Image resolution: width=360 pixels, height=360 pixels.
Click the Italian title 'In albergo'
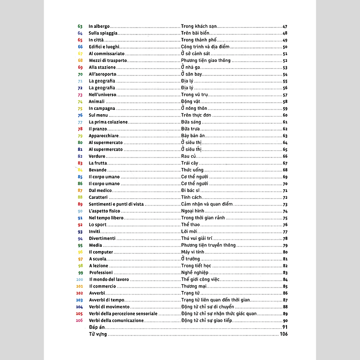coord(99,26)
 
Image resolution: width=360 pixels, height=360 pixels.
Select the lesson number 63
coord(80,26)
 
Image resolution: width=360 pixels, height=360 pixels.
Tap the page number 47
coord(285,26)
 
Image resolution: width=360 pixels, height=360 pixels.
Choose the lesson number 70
coord(80,74)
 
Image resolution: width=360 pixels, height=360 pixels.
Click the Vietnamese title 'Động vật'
coord(191,102)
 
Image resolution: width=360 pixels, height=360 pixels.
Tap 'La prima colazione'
coord(108,122)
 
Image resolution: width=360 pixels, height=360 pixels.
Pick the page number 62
coord(285,129)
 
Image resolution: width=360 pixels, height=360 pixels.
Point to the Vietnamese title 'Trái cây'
coord(190,163)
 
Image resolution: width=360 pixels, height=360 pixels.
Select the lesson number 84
coord(80,170)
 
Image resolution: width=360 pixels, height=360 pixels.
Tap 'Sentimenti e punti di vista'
coord(116,204)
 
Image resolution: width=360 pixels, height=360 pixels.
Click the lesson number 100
coord(80,279)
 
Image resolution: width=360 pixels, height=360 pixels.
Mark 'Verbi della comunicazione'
coord(116,320)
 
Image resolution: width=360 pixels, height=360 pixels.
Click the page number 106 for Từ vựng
coord(284,334)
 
